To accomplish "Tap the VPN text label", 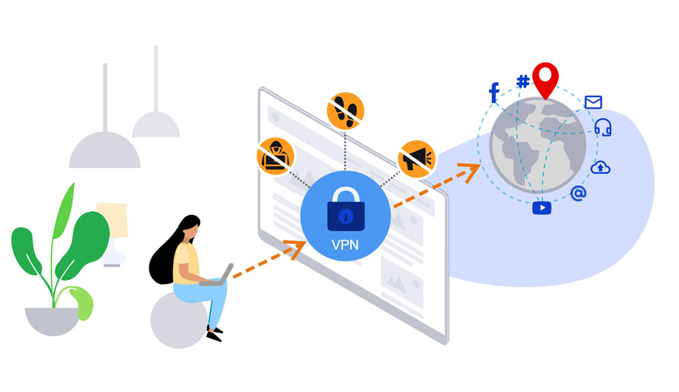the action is [x=345, y=245].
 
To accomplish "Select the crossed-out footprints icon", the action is [x=345, y=111].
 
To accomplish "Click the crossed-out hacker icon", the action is [x=276, y=156].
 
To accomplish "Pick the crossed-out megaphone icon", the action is [x=416, y=159].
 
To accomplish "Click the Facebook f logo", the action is [x=494, y=92].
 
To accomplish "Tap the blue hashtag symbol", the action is [x=523, y=81].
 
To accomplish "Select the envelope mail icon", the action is [x=593, y=102].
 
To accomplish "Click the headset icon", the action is [x=603, y=127].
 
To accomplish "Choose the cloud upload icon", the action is [x=600, y=167].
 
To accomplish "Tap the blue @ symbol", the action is [x=578, y=193].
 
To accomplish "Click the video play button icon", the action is [x=542, y=208].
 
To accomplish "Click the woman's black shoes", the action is [x=215, y=334].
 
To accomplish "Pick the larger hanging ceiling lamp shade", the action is [x=105, y=149].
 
